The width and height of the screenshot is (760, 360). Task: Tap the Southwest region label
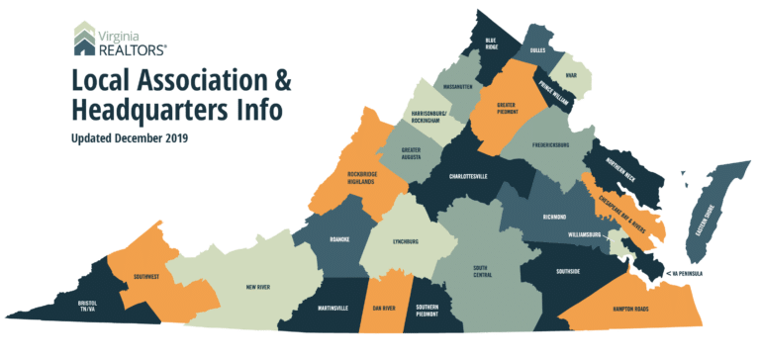tap(130, 276)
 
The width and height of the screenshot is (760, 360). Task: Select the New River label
tap(257, 288)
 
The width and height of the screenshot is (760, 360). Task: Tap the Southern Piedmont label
tap(427, 311)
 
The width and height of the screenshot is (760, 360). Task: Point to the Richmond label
tap(554, 216)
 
